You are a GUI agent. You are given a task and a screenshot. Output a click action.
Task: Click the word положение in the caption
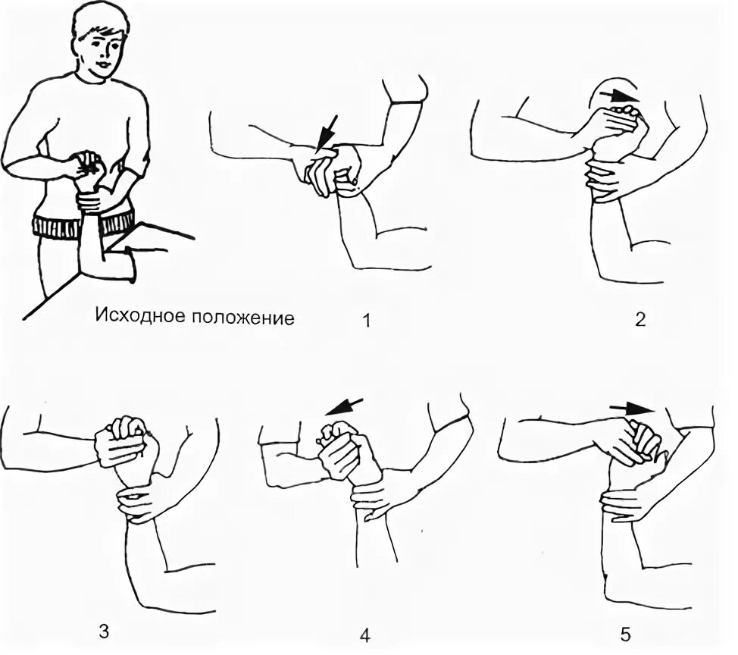[x=243, y=318]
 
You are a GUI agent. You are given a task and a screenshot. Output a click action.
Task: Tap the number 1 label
[x=367, y=321]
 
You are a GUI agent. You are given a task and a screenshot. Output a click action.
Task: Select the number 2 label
[x=640, y=320]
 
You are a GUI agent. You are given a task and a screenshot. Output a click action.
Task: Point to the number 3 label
[x=104, y=631]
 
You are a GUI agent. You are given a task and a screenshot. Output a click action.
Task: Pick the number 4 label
[x=365, y=636]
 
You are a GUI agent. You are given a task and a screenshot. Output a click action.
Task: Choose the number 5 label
[x=625, y=635]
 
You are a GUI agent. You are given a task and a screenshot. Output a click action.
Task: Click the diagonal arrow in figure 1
[x=327, y=133]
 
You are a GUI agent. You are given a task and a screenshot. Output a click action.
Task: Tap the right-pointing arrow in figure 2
[x=619, y=96]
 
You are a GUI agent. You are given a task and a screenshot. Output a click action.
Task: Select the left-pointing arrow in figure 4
[x=343, y=407]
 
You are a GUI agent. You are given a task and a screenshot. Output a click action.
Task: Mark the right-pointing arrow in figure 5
[x=632, y=409]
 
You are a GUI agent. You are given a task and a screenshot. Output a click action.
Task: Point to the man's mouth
[x=104, y=64]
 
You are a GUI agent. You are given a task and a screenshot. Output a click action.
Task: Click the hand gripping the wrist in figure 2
[x=607, y=181]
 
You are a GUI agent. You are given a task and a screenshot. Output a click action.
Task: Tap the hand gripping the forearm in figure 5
[x=626, y=504]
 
